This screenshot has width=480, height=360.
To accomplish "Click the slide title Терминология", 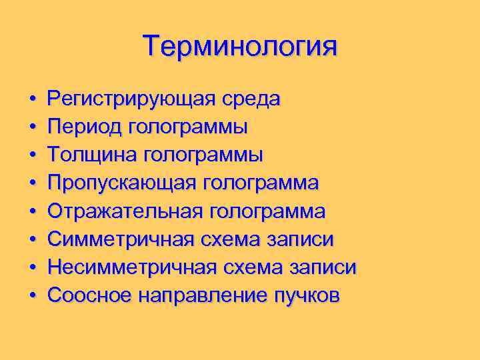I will [x=240, y=47].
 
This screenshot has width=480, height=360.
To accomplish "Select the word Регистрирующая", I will [x=129, y=100].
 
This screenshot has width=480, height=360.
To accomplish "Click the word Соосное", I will [x=89, y=295].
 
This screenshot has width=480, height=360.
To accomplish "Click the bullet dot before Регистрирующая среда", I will [x=32, y=100].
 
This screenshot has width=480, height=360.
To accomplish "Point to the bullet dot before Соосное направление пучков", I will [x=32, y=295].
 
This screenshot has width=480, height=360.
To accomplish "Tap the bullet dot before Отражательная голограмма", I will [x=32, y=211].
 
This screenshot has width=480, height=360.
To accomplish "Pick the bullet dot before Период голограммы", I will [x=32, y=127].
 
